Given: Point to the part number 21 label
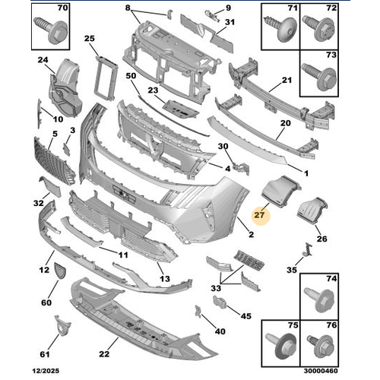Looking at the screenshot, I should click(x=287, y=81).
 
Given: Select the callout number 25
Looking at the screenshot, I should click(x=89, y=38).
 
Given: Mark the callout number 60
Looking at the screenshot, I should click(x=46, y=303).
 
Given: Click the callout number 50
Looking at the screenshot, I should click(x=130, y=76).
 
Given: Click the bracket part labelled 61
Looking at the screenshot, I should click(x=59, y=329).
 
